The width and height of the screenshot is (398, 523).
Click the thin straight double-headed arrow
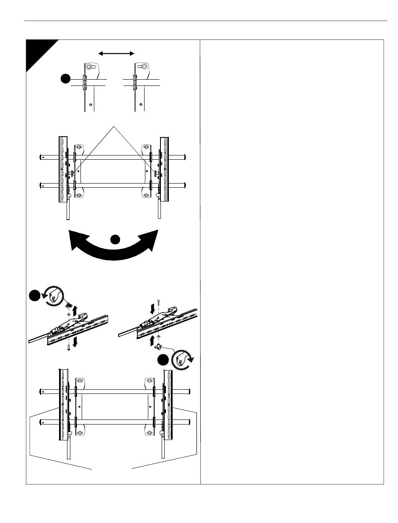116,53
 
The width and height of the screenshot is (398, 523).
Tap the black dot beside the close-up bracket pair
65,78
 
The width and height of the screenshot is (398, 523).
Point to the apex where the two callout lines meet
114,125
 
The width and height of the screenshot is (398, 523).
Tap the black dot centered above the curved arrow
115,239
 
